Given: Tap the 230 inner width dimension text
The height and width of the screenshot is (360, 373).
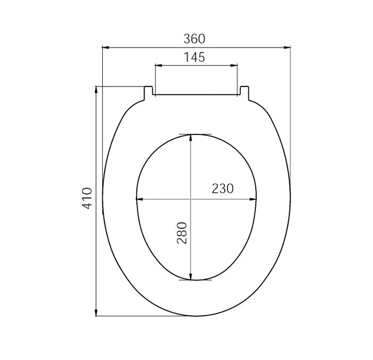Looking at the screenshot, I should [223, 188].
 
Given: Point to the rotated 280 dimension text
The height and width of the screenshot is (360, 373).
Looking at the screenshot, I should [182, 233].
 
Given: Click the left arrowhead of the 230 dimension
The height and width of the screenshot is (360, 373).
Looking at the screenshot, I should [139, 200].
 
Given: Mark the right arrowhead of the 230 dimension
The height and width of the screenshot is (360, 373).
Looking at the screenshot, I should [255, 200].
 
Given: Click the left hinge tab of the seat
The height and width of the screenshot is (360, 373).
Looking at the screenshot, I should [149, 92].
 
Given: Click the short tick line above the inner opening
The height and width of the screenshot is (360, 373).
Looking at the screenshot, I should [195, 133].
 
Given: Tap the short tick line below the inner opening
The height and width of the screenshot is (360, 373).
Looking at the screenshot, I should [195, 280].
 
